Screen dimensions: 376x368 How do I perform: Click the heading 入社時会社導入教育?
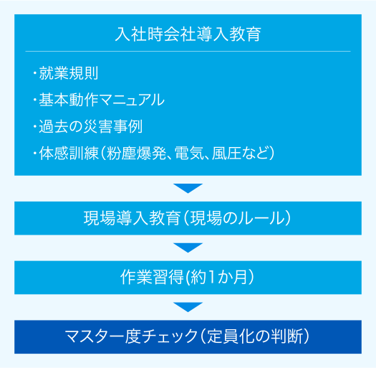coord(188,34)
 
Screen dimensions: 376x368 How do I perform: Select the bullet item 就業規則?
coord(68,72)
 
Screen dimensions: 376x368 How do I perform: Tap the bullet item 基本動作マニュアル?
coord(102,100)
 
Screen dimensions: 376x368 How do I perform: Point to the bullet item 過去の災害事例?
coord(91,126)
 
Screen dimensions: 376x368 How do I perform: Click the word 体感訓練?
coord(69,153)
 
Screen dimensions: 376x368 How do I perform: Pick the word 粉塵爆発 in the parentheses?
coord(137,153)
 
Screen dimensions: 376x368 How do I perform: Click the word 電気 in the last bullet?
coord(190,153)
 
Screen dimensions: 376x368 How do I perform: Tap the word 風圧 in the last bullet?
coord(226,153)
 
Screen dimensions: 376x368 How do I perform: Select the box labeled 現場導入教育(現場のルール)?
coord(188,218)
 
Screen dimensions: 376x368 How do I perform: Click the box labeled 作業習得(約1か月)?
coord(188,278)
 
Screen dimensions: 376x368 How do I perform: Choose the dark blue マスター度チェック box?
coord(188,336)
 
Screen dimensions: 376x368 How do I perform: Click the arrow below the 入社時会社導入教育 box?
coord(188,188)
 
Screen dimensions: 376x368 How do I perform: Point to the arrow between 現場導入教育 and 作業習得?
coord(188,247)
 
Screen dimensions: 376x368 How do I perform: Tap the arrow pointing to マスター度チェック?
coord(188,307)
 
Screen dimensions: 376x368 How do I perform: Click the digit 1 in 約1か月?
coord(211,277)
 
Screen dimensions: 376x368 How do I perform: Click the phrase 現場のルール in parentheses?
coord(237,218)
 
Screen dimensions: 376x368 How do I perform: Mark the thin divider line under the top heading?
coord(188,51)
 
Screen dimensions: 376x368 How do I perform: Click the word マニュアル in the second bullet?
coord(131,100)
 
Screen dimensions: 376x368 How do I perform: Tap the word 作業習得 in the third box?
coord(152,277)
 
